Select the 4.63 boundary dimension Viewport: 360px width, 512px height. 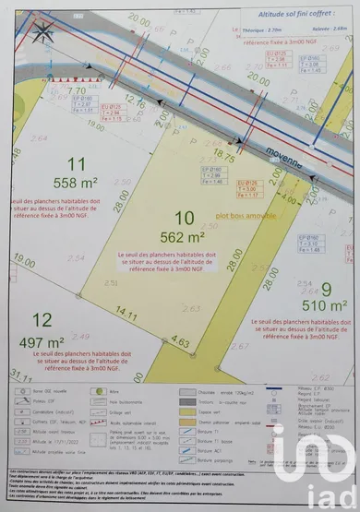click(x=180, y=341)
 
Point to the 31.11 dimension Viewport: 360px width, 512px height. click(x=17, y=373)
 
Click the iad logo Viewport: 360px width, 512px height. click(x=324, y=474)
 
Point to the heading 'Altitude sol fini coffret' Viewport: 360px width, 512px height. click(x=283, y=17)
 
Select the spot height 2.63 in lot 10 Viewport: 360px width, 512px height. click(x=192, y=309)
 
